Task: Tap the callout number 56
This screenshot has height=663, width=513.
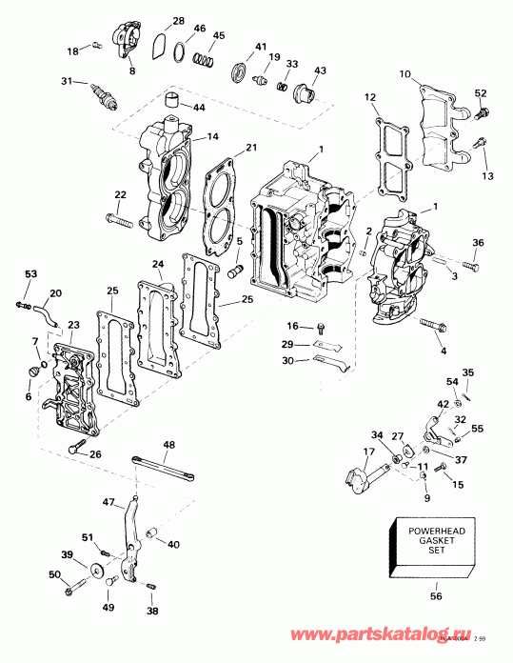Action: click(x=437, y=597)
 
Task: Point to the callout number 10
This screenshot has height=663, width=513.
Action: click(x=404, y=74)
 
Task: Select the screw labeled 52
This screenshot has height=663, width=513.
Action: click(x=482, y=113)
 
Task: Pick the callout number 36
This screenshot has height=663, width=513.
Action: click(x=478, y=242)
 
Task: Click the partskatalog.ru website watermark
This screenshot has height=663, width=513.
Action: click(x=424, y=631)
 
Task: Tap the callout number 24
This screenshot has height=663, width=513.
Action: click(x=157, y=263)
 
